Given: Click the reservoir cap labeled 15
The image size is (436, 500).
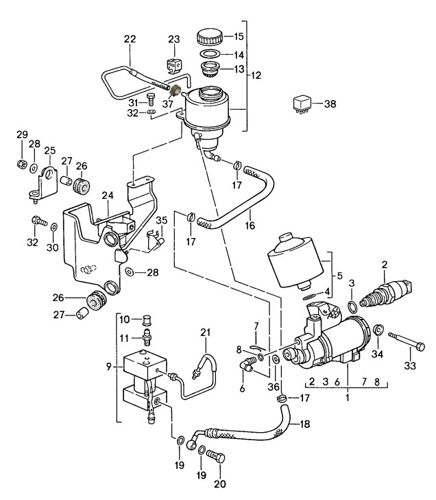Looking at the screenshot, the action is [x=210, y=37].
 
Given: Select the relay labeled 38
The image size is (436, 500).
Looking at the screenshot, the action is [x=302, y=104].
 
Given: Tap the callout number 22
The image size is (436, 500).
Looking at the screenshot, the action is [x=130, y=39].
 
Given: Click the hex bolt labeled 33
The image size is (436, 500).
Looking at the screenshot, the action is [x=407, y=341].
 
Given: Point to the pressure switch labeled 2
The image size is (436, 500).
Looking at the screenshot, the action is [x=386, y=291].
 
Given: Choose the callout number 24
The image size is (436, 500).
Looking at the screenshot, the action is [x=108, y=195].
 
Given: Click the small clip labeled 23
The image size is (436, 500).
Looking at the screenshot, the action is [x=174, y=64].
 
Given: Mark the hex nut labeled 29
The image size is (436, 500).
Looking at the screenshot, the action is [x=22, y=164].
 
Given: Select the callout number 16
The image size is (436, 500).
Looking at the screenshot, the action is [x=250, y=226].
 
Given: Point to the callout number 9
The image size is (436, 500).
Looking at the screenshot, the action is [x=109, y=367].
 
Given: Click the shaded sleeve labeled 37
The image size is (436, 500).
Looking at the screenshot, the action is [x=175, y=91].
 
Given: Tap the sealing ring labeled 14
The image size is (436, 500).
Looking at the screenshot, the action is [x=210, y=53].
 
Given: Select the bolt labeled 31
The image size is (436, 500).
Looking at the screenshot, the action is [x=150, y=99].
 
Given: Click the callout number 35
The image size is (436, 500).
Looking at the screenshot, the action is [x=161, y=220].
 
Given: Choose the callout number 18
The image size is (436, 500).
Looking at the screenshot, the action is [x=304, y=424].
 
